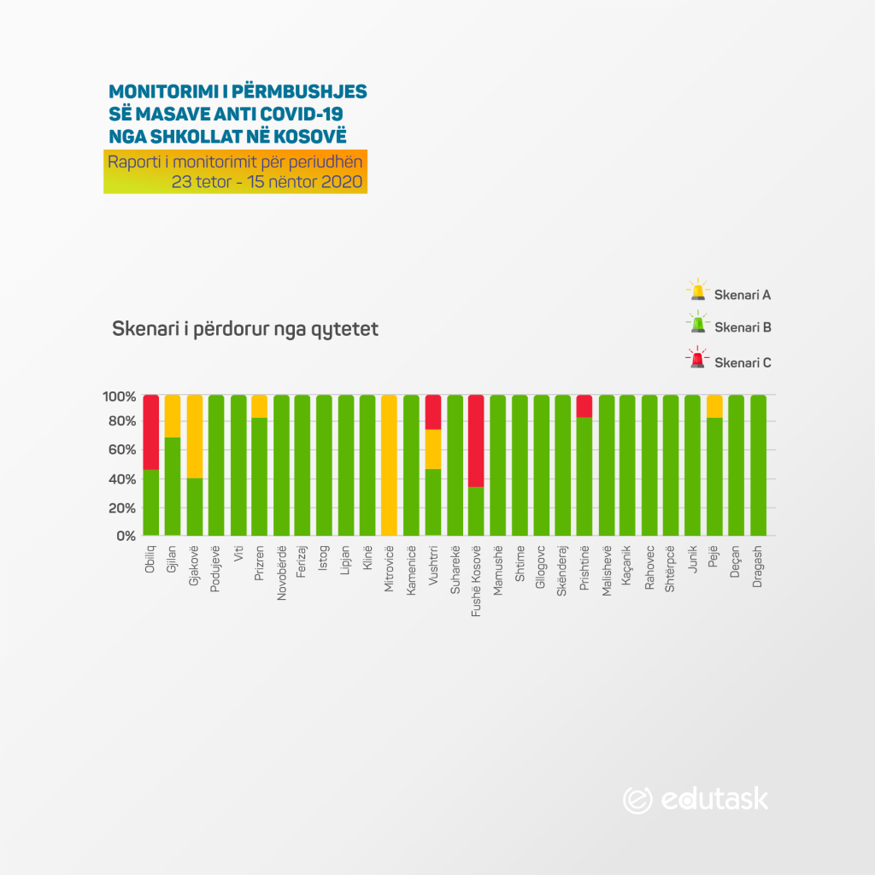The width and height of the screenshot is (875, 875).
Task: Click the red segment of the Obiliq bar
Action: (151, 432)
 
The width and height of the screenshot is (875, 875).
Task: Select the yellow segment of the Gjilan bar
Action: (173, 415)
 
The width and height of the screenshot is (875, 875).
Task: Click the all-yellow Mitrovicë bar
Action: (389, 466)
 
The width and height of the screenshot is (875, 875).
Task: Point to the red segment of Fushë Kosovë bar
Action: (476, 440)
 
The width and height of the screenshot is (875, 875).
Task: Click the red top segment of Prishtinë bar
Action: (584, 406)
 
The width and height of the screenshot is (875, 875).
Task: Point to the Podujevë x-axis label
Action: (216, 567)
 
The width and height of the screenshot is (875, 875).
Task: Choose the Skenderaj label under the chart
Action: (563, 571)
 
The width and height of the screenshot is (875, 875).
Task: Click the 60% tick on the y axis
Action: (120, 450)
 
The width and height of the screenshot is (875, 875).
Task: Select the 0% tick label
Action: (125, 536)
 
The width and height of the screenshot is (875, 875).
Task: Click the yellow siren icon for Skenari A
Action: (698, 291)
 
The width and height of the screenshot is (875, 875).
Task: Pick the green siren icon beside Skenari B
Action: (698, 324)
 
